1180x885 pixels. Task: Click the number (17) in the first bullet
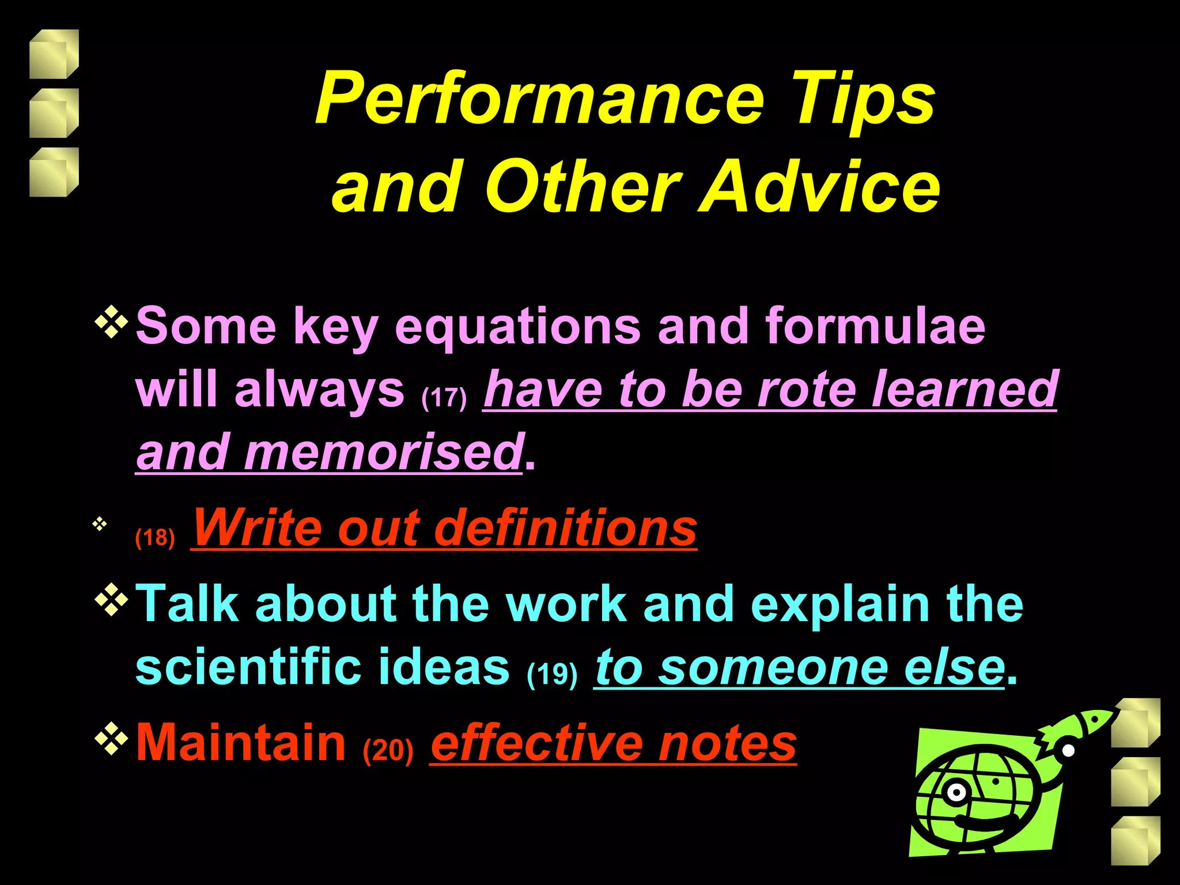pos(444,398)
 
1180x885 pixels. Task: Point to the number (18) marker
pos(154,538)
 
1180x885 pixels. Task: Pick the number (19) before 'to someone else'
pos(551,674)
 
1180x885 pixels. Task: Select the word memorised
pos(383,452)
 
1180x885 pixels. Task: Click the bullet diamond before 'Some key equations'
pos(111,323)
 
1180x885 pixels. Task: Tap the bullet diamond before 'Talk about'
pos(111,601)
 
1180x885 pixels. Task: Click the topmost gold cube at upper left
pos(54,54)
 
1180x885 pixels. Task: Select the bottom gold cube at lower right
pos(1134,841)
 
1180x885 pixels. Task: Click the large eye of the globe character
pos(956,793)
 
